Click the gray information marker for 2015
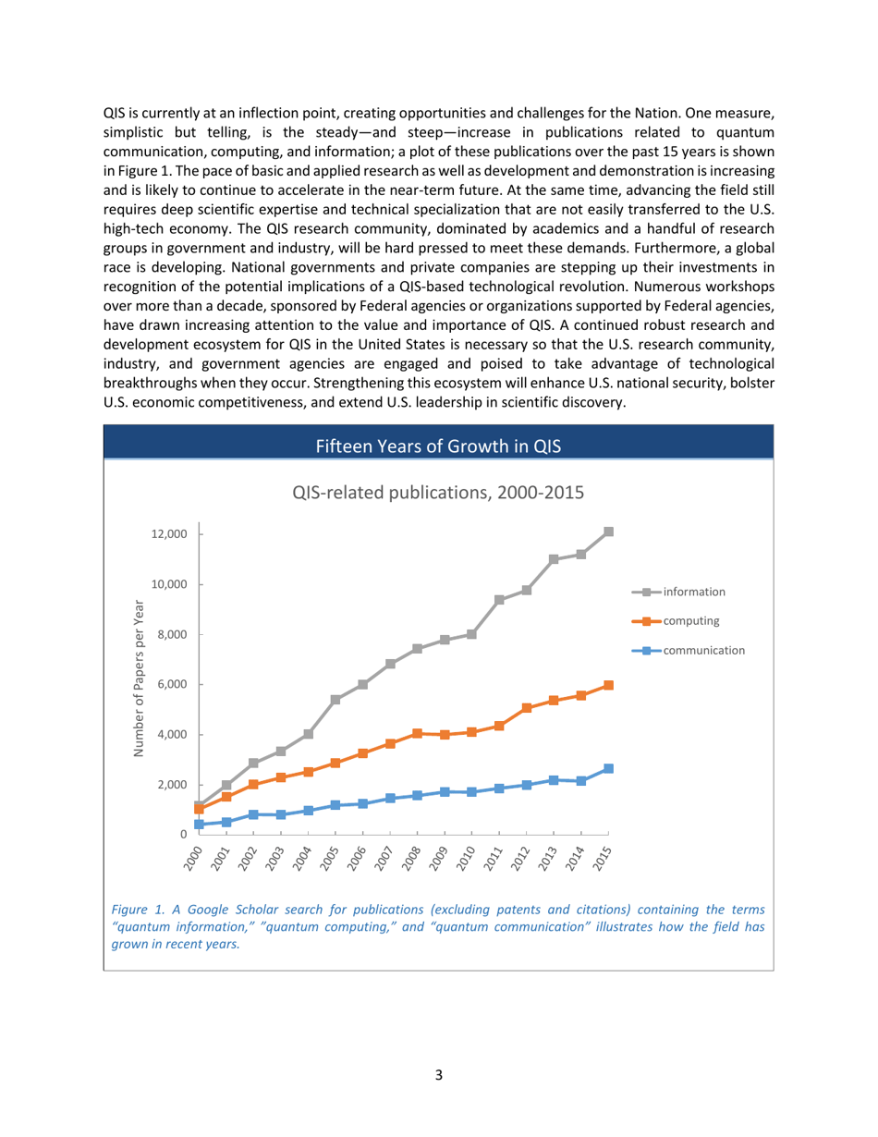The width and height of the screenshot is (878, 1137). click(x=609, y=532)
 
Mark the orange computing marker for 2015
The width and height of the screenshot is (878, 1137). click(x=609, y=685)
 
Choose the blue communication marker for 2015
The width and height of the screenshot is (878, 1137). click(x=609, y=768)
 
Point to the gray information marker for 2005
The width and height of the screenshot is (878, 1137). click(x=335, y=700)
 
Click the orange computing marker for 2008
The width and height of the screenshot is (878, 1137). click(x=418, y=734)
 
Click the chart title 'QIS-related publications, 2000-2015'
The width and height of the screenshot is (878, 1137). click(x=438, y=492)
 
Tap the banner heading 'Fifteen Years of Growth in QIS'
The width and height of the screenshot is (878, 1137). click(x=438, y=447)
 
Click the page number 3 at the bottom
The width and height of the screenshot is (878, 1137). click(x=439, y=1074)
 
